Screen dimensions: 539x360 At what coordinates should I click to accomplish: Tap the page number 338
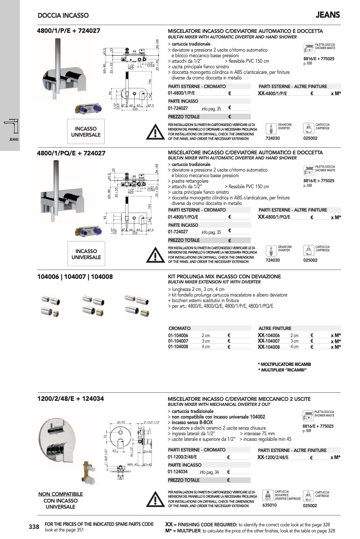[34, 527]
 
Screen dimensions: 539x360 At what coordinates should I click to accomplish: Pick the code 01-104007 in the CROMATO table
[178, 341]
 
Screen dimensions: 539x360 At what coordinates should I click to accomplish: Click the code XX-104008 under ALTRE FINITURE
[269, 347]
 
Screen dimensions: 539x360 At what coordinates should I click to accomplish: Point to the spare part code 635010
[268, 505]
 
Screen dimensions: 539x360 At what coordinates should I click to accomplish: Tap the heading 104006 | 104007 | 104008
[75, 277]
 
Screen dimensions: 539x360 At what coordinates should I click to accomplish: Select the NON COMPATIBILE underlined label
[60, 493]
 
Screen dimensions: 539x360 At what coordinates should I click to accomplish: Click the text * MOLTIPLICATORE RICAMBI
[284, 364]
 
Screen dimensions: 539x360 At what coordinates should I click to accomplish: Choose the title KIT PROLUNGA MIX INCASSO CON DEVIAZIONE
[224, 277]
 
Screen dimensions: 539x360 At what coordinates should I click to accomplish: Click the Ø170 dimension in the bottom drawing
[122, 422]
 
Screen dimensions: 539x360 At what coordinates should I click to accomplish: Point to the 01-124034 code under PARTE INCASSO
[179, 472]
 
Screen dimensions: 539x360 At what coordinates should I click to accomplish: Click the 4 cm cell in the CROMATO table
[206, 347]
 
